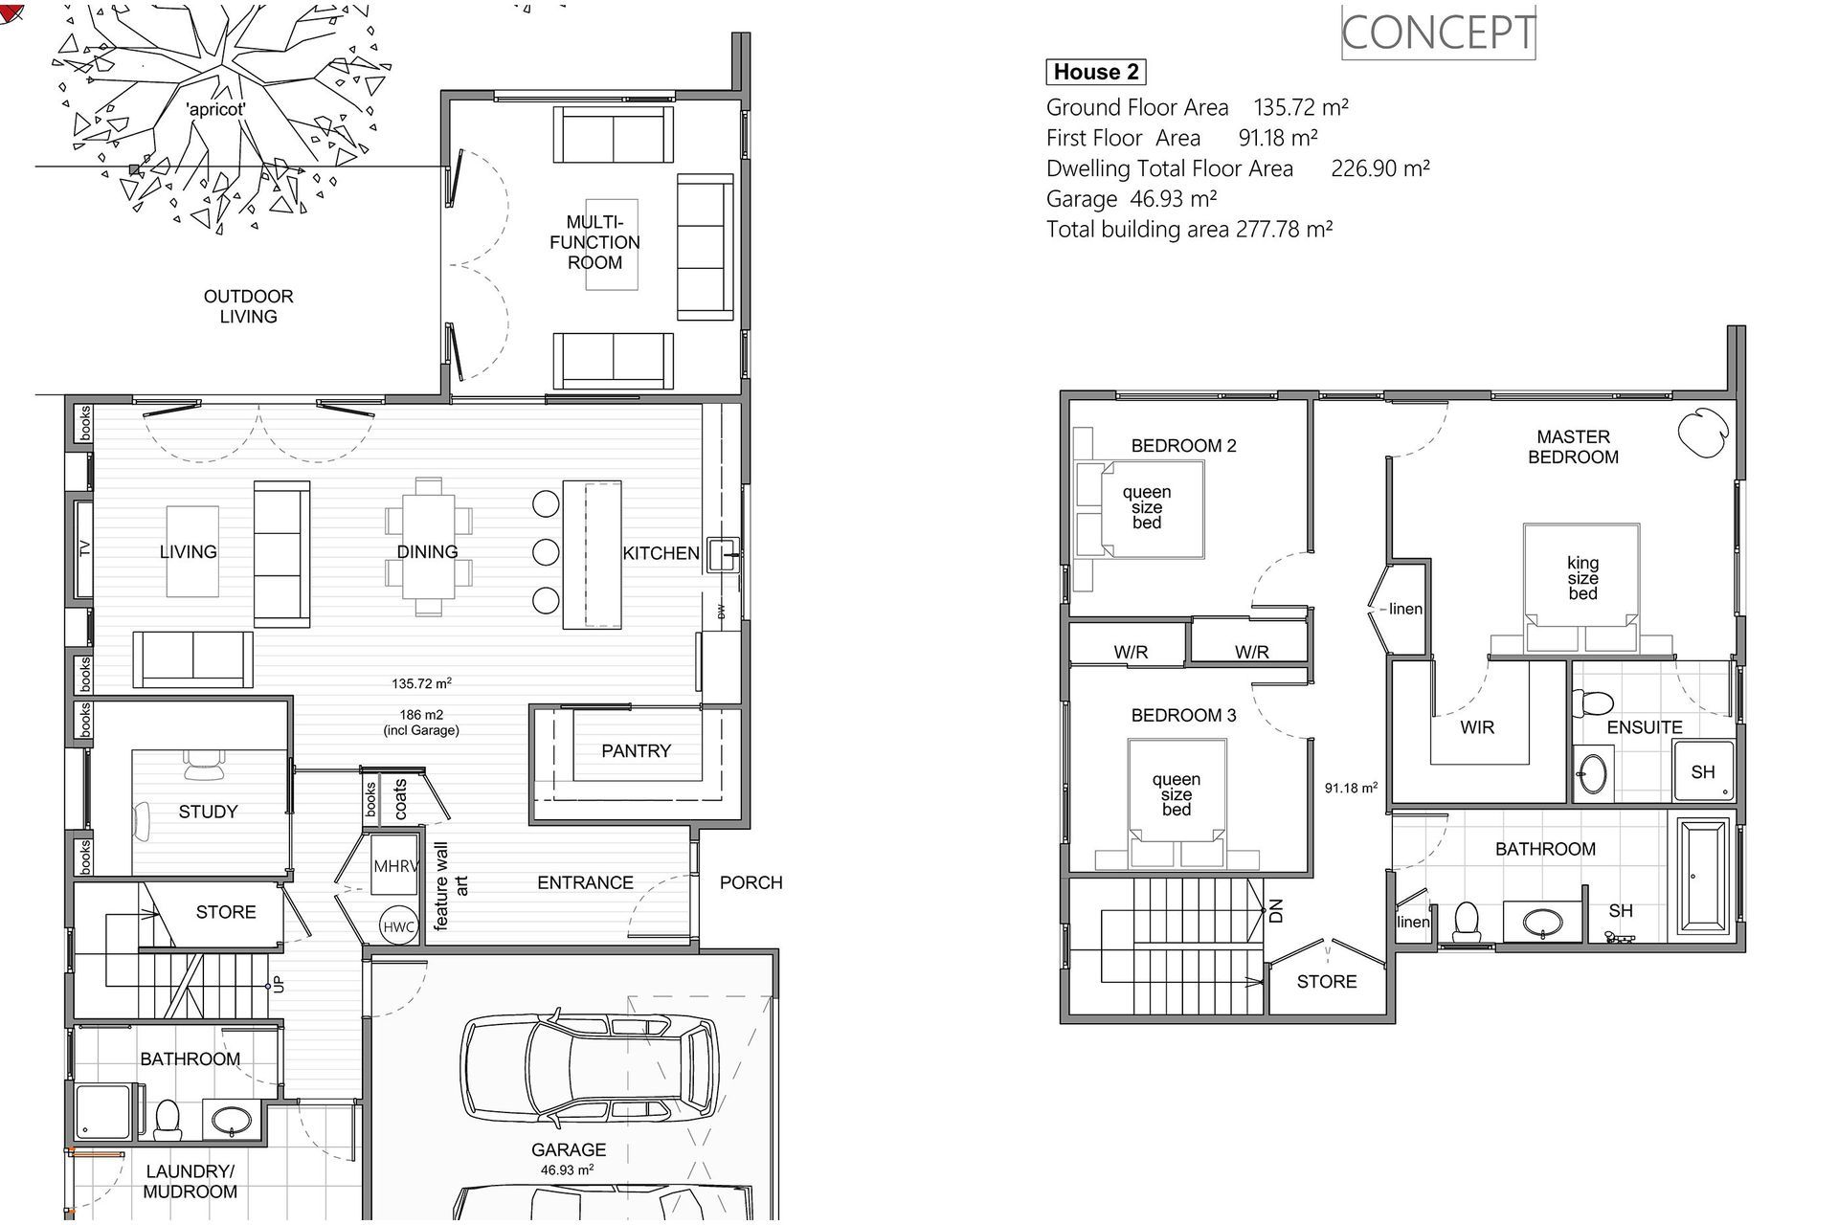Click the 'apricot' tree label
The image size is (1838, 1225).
[x=216, y=110]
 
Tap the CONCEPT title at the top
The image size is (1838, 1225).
[x=1438, y=33]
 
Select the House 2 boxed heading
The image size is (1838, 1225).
[x=1095, y=72]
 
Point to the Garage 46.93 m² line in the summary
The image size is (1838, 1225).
[x=1132, y=199]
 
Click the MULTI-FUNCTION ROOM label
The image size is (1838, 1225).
[x=594, y=242]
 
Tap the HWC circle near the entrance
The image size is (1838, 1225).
[x=398, y=926]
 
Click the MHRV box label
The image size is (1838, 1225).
[x=395, y=867]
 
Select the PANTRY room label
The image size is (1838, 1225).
[x=636, y=751]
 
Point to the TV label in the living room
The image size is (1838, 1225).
[x=84, y=548]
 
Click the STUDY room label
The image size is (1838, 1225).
[x=208, y=812]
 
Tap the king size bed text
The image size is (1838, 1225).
[x=1582, y=578]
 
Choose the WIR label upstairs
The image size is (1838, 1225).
[x=1477, y=727]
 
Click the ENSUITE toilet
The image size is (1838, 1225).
[x=1592, y=704]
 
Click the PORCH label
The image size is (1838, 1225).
[x=751, y=882]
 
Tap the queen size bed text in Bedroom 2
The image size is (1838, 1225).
[x=1147, y=507]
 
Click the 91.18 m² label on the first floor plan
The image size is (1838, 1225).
[x=1351, y=788]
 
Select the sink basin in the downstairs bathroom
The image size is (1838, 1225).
[x=230, y=1119]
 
